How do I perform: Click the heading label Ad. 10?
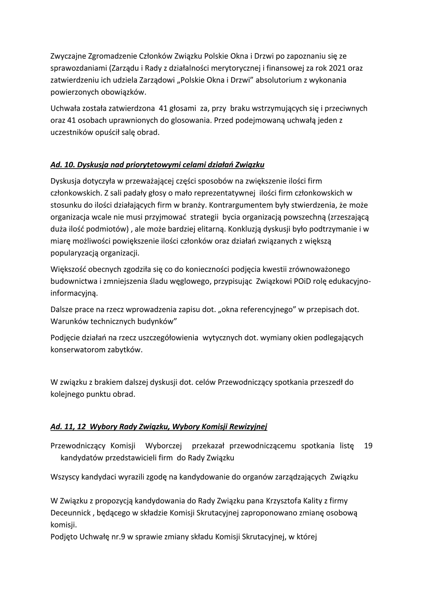pos(61,164)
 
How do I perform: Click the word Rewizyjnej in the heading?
pos(251,426)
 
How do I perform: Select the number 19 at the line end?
pos(368,446)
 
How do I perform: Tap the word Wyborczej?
pos(163,446)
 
